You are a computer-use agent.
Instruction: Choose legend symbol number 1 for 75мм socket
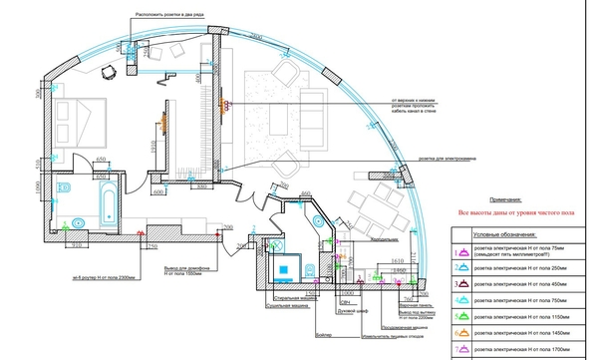click(x=461, y=253)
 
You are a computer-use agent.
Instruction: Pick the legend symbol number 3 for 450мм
click(x=461, y=284)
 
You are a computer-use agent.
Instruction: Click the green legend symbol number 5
click(x=461, y=316)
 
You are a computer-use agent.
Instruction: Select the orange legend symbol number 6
click(x=461, y=332)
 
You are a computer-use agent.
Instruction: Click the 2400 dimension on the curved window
click(x=256, y=35)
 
